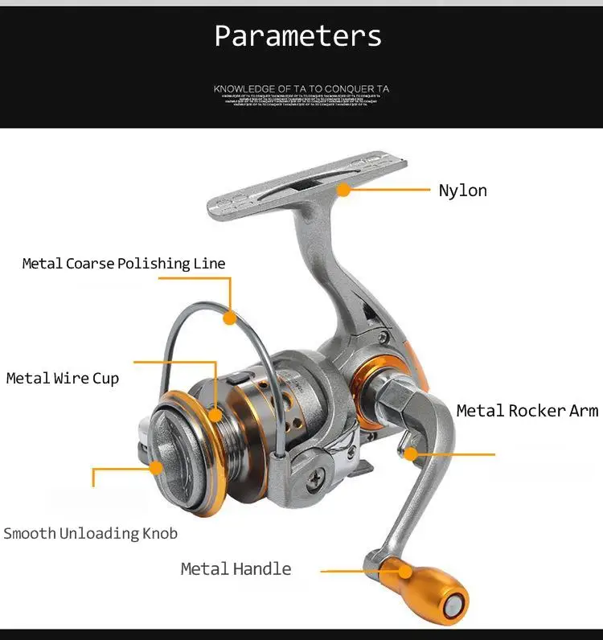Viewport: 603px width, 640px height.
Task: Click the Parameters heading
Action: coord(298,36)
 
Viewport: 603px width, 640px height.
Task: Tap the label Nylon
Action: coord(462,191)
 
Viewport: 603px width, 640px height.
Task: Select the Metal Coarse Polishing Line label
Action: coord(124,264)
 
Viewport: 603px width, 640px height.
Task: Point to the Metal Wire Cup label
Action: coord(63,378)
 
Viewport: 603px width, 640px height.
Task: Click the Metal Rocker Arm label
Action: coord(527,411)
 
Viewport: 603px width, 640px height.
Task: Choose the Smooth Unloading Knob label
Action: coord(90,533)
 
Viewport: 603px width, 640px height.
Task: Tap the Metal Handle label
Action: coord(236,569)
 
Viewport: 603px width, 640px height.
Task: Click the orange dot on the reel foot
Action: coord(343,191)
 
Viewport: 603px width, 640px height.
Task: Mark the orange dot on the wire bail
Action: coord(230,318)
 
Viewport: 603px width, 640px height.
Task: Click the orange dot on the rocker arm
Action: coord(411,453)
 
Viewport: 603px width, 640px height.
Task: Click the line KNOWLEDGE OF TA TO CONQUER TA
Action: coord(301,89)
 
